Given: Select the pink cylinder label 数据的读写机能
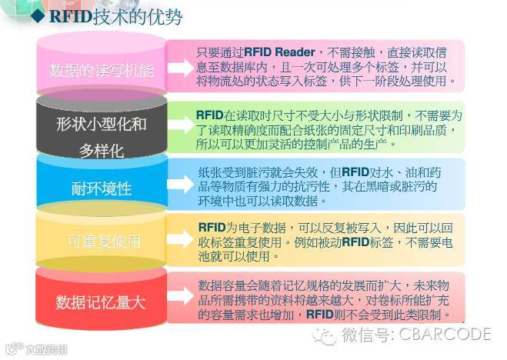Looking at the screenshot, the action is [x=102, y=71].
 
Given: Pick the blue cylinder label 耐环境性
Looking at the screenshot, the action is [x=102, y=188].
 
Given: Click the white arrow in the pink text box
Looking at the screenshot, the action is [x=179, y=67].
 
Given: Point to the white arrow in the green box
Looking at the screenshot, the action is [x=179, y=128].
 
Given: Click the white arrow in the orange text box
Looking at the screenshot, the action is [x=179, y=240].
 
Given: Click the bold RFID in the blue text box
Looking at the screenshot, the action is [x=355, y=172].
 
